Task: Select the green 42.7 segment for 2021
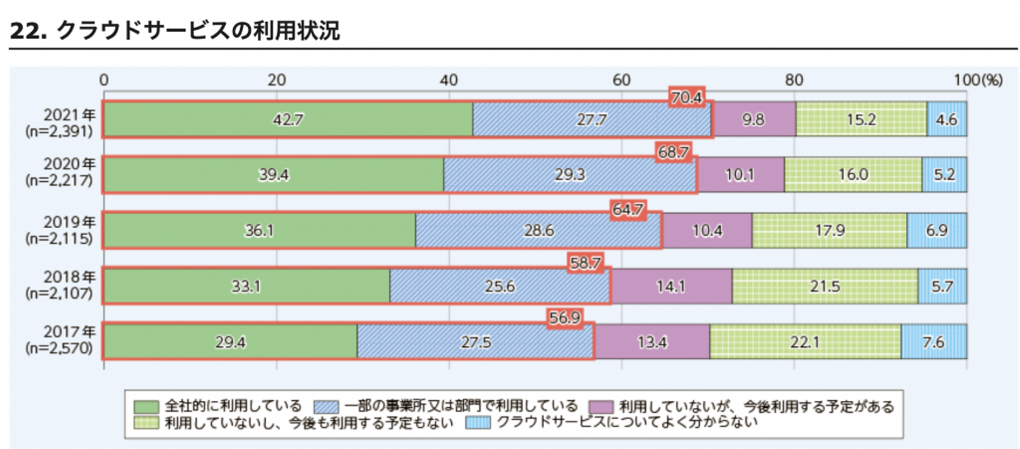[x=288, y=120]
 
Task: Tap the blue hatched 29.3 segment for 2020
[x=570, y=175]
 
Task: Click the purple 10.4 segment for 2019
[x=706, y=231]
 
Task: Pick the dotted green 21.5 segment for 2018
[x=825, y=286]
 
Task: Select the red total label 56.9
[x=565, y=319]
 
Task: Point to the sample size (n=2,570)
[x=59, y=349]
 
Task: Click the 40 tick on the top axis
[x=448, y=79]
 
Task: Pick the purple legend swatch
[x=601, y=407]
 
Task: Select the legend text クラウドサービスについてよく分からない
[x=627, y=424]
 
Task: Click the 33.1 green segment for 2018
[x=246, y=286]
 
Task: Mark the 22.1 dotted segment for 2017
[x=805, y=342]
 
